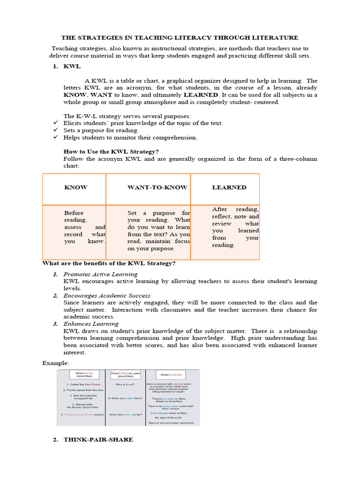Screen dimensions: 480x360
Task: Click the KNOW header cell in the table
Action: click(x=75, y=187)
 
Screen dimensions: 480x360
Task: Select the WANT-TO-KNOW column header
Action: click(x=157, y=187)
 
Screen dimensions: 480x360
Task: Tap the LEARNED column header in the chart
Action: click(x=229, y=187)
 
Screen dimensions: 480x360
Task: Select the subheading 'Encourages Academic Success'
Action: click(x=107, y=296)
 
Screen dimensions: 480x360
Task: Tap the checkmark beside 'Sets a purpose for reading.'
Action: click(x=55, y=130)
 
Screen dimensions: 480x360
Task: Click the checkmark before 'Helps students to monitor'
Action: click(x=55, y=137)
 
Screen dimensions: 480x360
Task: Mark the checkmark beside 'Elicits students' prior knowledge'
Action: click(x=55, y=123)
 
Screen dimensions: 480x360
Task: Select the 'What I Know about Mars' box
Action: click(x=82, y=375)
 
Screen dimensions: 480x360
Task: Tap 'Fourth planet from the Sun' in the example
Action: click(x=82, y=390)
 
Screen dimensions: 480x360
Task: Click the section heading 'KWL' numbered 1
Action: click(x=72, y=67)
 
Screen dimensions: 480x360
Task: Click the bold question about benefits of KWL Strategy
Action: click(x=109, y=263)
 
